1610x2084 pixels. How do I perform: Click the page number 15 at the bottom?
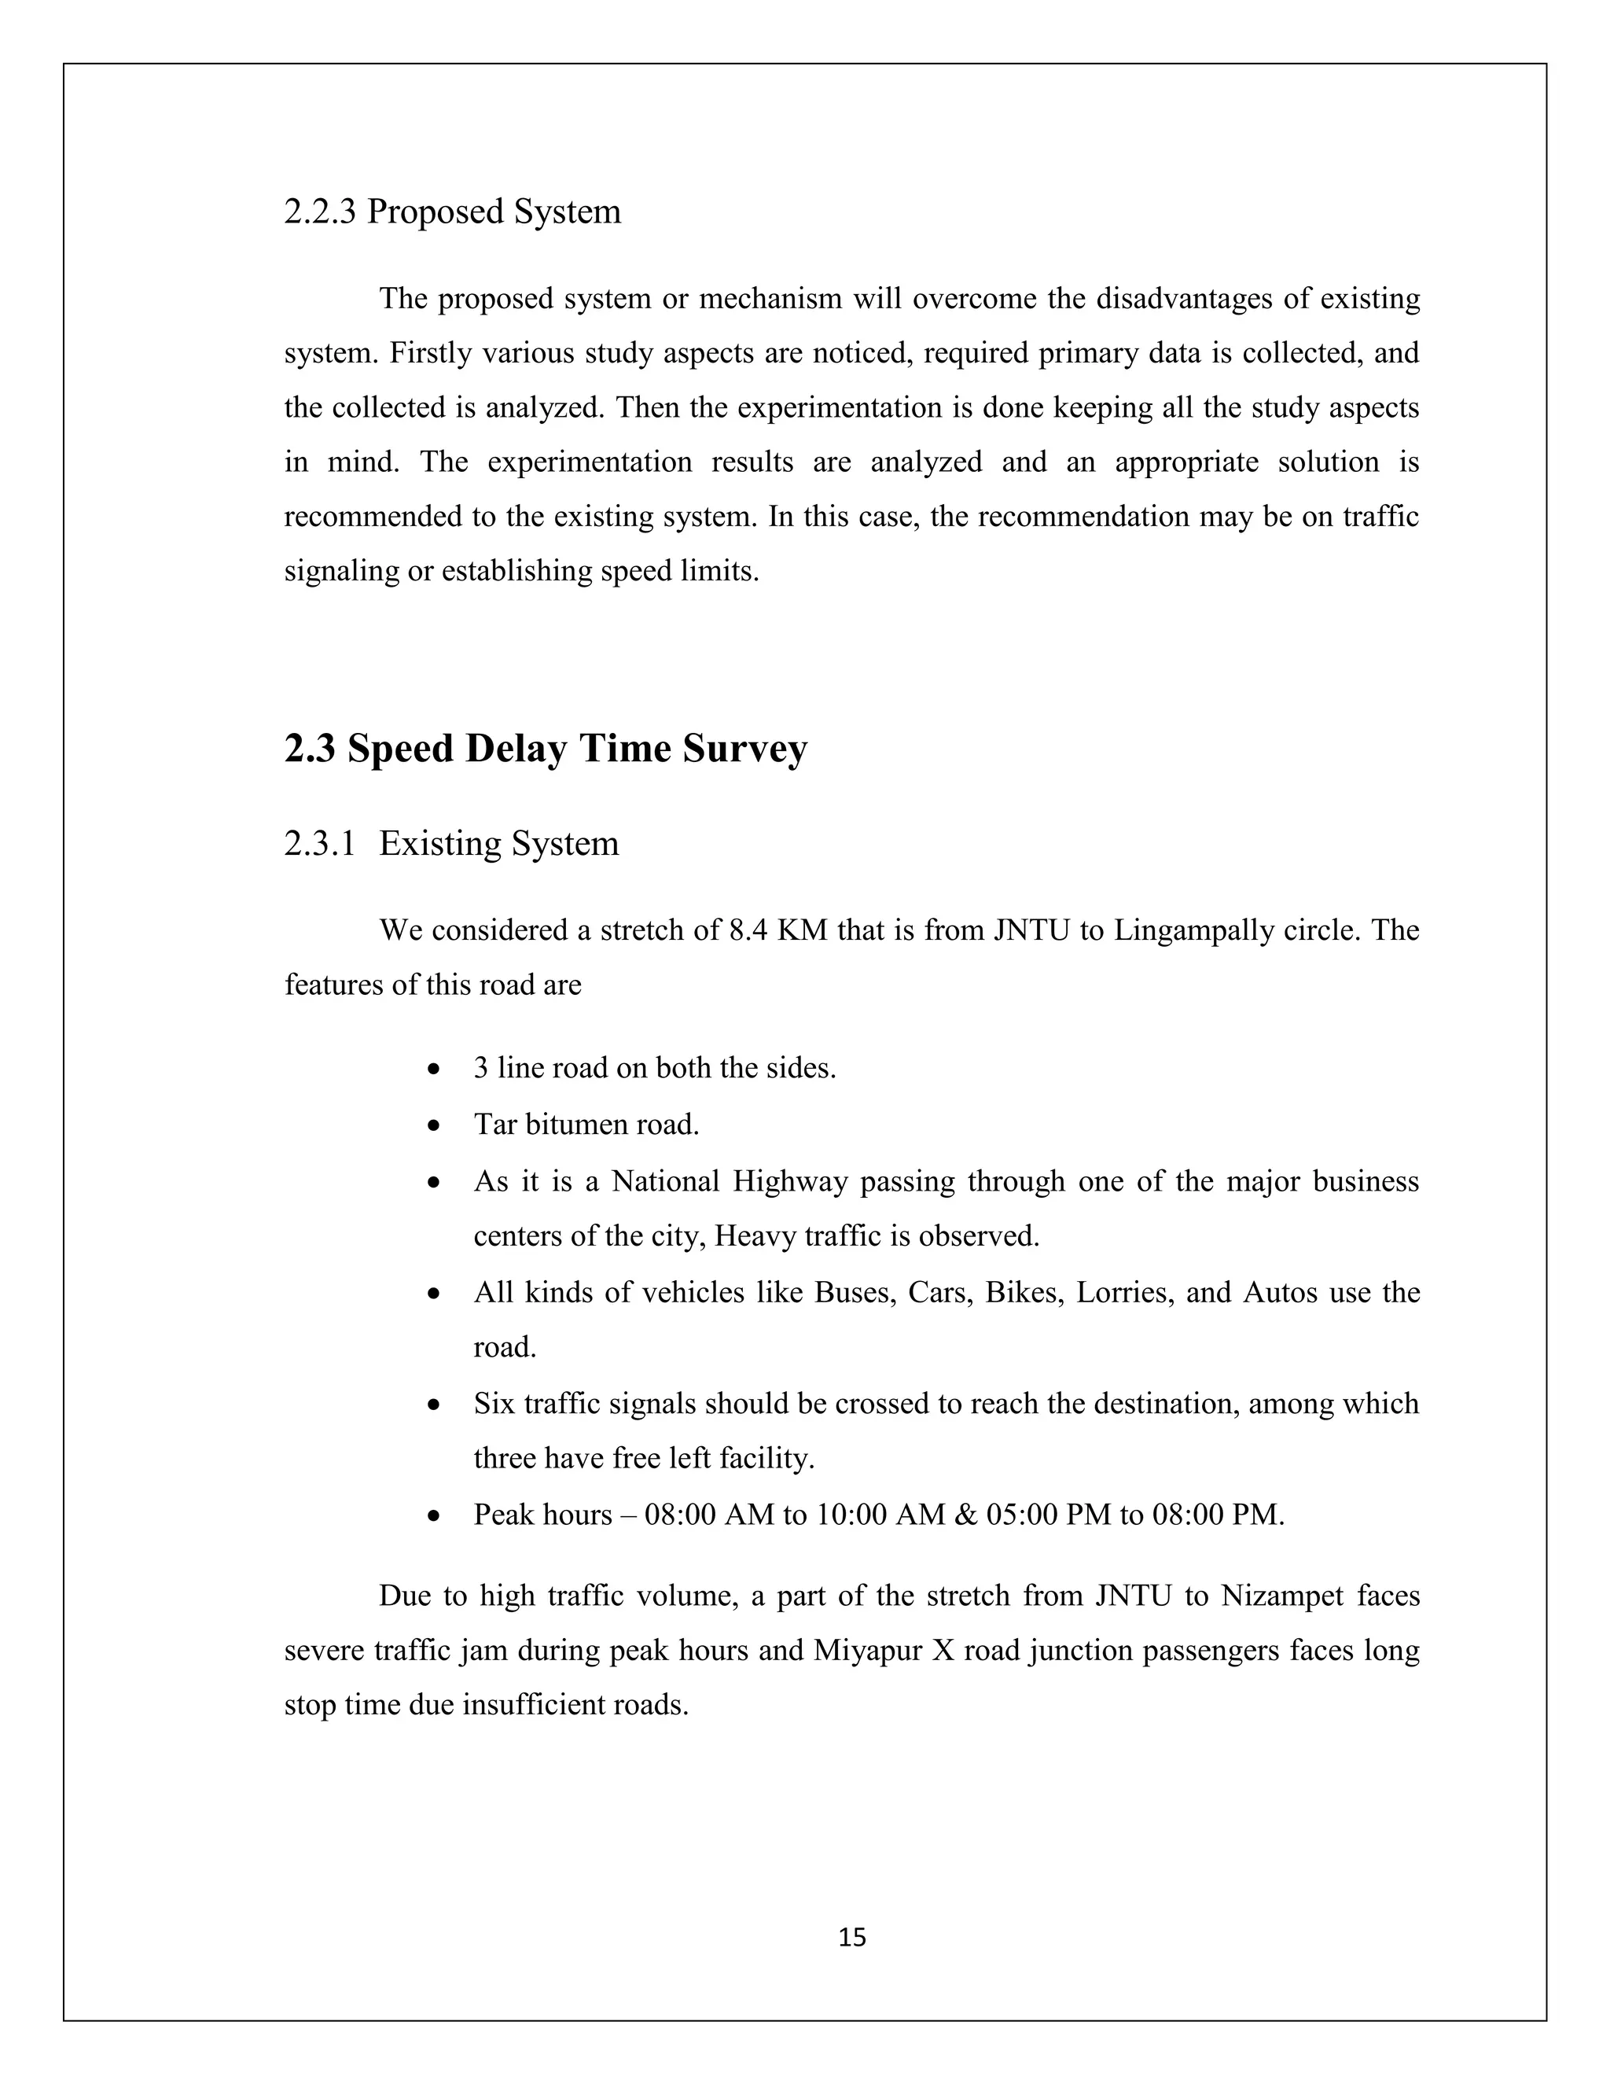coord(851,1937)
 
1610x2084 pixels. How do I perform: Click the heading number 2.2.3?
coord(319,212)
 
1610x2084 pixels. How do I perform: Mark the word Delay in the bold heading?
coord(515,749)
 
